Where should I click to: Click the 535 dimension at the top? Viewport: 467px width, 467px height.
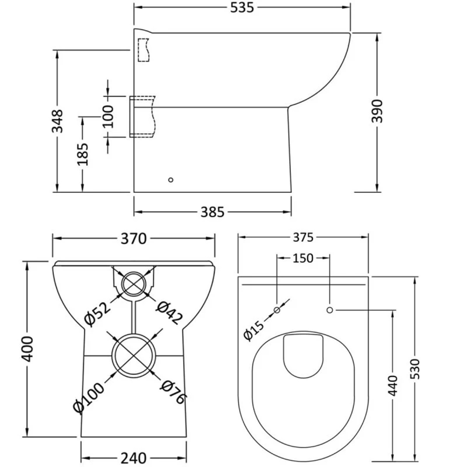pyautogui.click(x=242, y=7)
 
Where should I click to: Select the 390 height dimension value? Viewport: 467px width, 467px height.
pyautogui.click(x=377, y=111)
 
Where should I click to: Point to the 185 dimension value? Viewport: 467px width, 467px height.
pyautogui.click(x=83, y=154)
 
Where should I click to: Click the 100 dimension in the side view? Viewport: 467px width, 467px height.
pyautogui.click(x=108, y=116)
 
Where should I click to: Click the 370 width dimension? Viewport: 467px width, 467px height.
pyautogui.click(x=133, y=238)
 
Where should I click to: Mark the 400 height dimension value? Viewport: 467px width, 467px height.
pyautogui.click(x=27, y=348)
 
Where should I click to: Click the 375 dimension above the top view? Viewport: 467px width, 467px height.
pyautogui.click(x=302, y=237)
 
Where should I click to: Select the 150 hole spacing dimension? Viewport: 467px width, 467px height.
pyautogui.click(x=303, y=258)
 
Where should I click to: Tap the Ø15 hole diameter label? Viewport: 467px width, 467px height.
pyautogui.click(x=253, y=329)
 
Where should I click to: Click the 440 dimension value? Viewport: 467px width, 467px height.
pyautogui.click(x=393, y=385)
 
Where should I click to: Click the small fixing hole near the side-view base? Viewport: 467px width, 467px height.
pyautogui.click(x=170, y=180)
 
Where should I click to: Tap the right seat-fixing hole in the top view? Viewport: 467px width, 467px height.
pyautogui.click(x=329, y=310)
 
